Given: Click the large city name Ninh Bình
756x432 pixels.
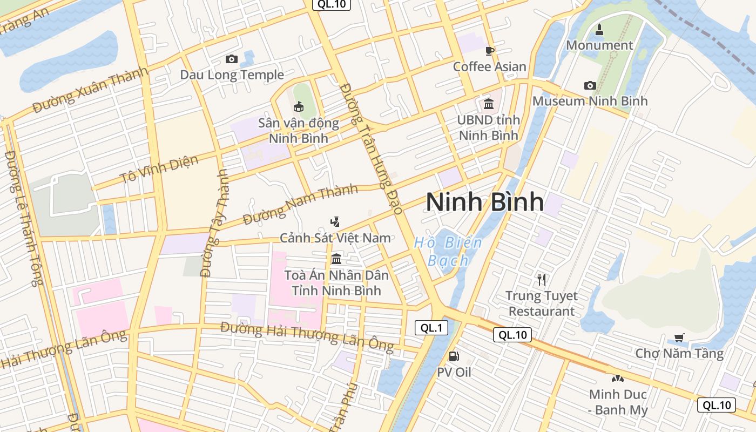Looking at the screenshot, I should [x=485, y=201].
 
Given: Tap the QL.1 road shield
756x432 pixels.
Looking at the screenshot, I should [x=431, y=327].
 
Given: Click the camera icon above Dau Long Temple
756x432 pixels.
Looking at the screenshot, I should [x=232, y=59].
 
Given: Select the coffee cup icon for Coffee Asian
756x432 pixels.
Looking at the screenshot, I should [x=490, y=51].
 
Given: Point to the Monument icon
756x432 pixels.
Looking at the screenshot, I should [x=599, y=29].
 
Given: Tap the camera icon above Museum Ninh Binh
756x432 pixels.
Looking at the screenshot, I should [x=590, y=85].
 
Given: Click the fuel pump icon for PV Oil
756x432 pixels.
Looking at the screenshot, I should [x=454, y=356].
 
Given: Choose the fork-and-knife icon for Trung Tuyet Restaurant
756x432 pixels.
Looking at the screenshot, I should [x=542, y=279].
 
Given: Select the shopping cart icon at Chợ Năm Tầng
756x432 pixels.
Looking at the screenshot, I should [x=679, y=337].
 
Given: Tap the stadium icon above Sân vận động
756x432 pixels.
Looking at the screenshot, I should [x=298, y=106].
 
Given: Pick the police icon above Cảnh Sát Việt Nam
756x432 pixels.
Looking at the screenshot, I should [x=335, y=221].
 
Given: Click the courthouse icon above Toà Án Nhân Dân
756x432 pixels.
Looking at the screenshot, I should [x=336, y=259].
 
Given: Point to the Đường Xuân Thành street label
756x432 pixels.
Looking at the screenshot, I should [x=90, y=90].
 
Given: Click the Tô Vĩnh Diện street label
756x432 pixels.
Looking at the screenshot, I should [x=159, y=169].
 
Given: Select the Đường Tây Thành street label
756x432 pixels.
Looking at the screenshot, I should [x=214, y=222].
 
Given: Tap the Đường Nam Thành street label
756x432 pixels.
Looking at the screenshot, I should [x=300, y=205].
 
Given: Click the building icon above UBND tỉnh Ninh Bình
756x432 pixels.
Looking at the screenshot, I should [x=489, y=104].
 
